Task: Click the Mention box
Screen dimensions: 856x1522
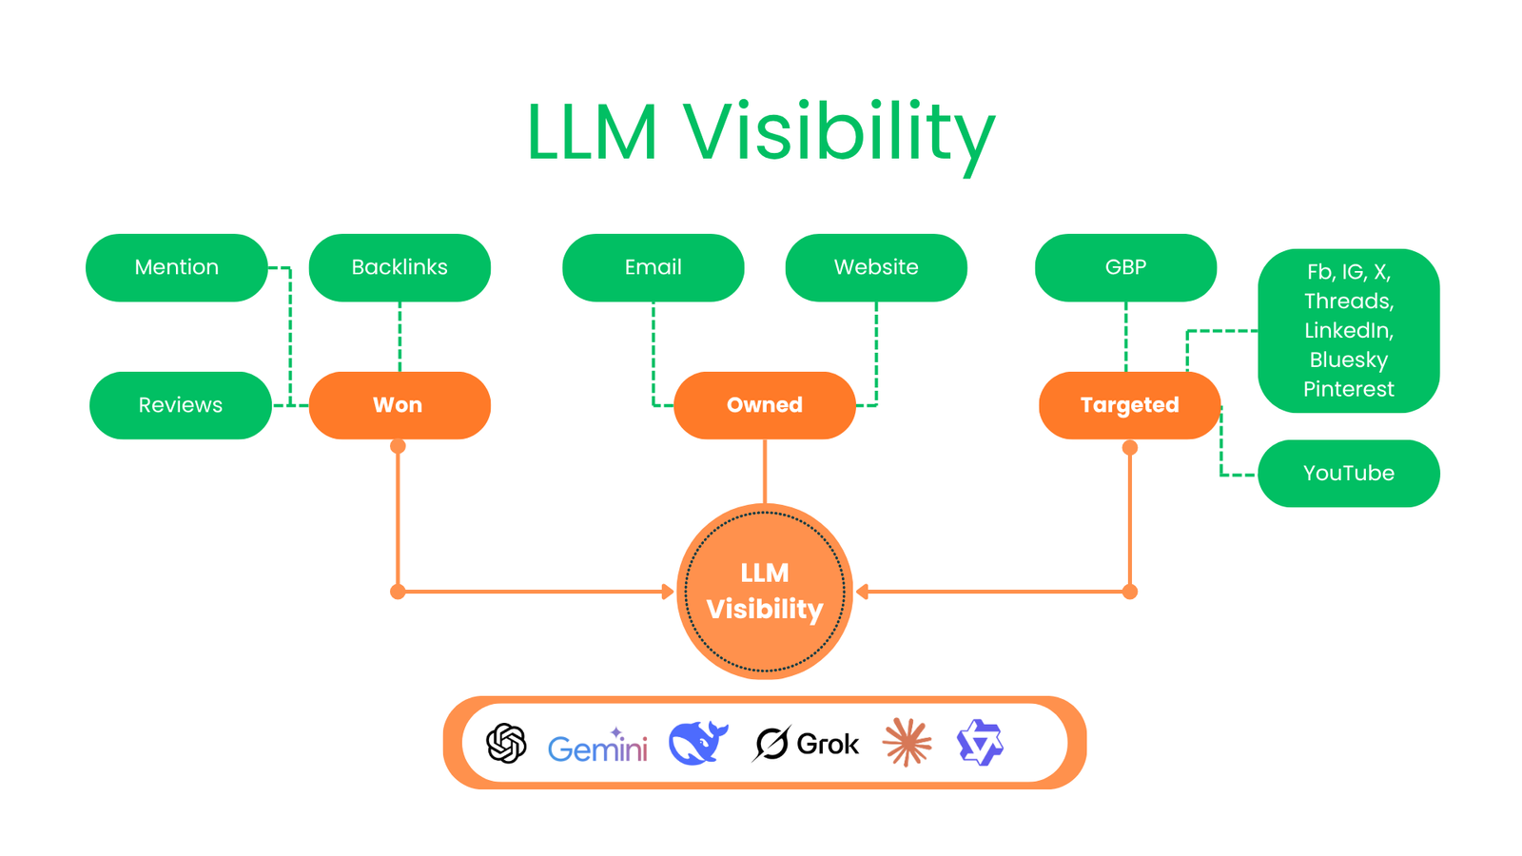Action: pyautogui.click(x=177, y=267)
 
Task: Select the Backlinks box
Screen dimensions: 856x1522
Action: pyautogui.click(x=400, y=267)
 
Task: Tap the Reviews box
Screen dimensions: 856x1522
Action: pyautogui.click(x=181, y=405)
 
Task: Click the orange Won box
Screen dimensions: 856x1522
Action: pyautogui.click(x=400, y=405)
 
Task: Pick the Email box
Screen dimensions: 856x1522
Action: pyautogui.click(x=654, y=267)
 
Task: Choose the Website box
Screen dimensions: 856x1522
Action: pyautogui.click(x=876, y=267)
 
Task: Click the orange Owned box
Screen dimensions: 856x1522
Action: pyautogui.click(x=765, y=405)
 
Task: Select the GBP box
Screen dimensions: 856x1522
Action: pyautogui.click(x=1125, y=267)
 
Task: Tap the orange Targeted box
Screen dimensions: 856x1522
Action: pyautogui.click(x=1129, y=405)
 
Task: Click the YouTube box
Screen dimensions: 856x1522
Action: pyautogui.click(x=1348, y=473)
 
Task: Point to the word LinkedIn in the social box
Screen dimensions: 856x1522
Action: pyautogui.click(x=1348, y=330)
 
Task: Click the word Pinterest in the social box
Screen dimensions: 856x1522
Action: pyautogui.click(x=1348, y=389)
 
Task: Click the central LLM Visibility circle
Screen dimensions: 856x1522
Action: pyautogui.click(x=765, y=591)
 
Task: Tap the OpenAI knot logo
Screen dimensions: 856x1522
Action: pyautogui.click(x=506, y=743)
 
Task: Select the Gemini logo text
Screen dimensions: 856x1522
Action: pyautogui.click(x=597, y=748)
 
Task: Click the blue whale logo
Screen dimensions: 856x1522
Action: pyautogui.click(x=698, y=743)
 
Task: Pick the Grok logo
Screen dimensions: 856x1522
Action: pyautogui.click(x=807, y=744)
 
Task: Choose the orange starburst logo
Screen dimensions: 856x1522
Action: pyautogui.click(x=907, y=743)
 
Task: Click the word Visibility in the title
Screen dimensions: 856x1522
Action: pyautogui.click(x=839, y=133)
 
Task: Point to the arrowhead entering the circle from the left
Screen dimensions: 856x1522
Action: pyautogui.click(x=668, y=592)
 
